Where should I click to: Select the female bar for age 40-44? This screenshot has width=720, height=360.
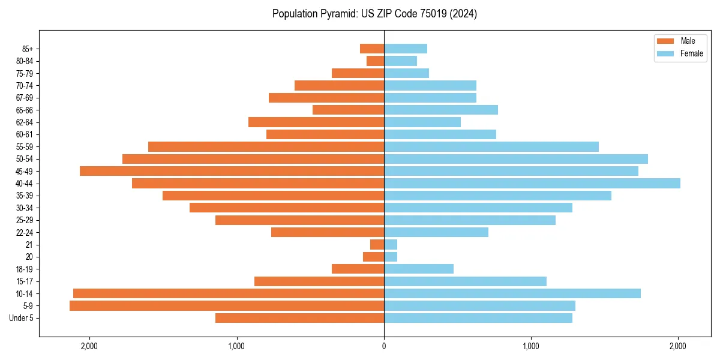point(532,183)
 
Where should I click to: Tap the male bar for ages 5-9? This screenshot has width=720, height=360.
point(227,305)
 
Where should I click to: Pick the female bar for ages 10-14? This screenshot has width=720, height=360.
point(512,293)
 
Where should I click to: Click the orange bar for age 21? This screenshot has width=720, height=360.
point(377,244)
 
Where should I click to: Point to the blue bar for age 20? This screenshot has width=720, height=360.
point(391,257)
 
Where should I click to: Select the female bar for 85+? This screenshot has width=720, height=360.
point(406,49)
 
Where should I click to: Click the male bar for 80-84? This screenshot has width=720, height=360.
point(375,61)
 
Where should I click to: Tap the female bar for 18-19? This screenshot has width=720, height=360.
point(419,269)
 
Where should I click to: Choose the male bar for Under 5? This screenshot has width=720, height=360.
point(299,318)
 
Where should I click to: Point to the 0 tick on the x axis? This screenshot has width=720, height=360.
point(384,346)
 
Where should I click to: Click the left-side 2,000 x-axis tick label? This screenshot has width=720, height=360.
point(89,346)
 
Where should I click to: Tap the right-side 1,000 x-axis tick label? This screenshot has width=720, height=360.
point(531,346)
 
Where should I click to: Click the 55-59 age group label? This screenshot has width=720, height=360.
point(25,146)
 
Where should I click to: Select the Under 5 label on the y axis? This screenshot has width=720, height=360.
point(22,318)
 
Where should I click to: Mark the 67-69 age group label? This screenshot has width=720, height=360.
point(25,98)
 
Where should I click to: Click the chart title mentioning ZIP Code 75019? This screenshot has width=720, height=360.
point(374,14)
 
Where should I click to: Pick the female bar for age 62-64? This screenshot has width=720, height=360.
point(422,122)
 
